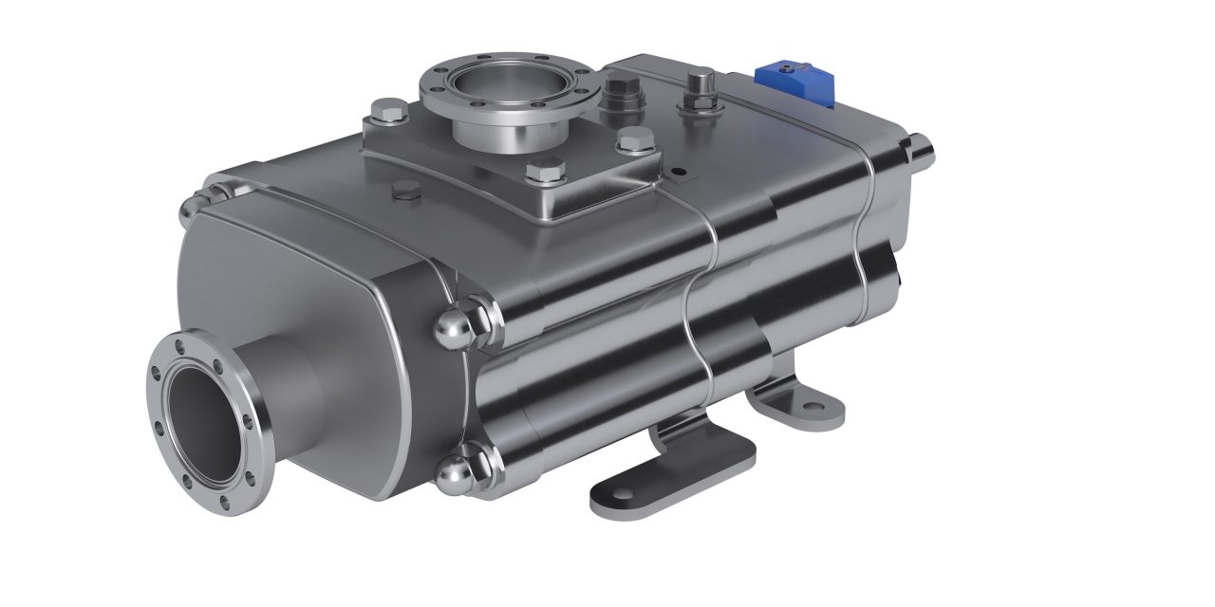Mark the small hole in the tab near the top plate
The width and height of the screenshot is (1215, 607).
tap(678, 172)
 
